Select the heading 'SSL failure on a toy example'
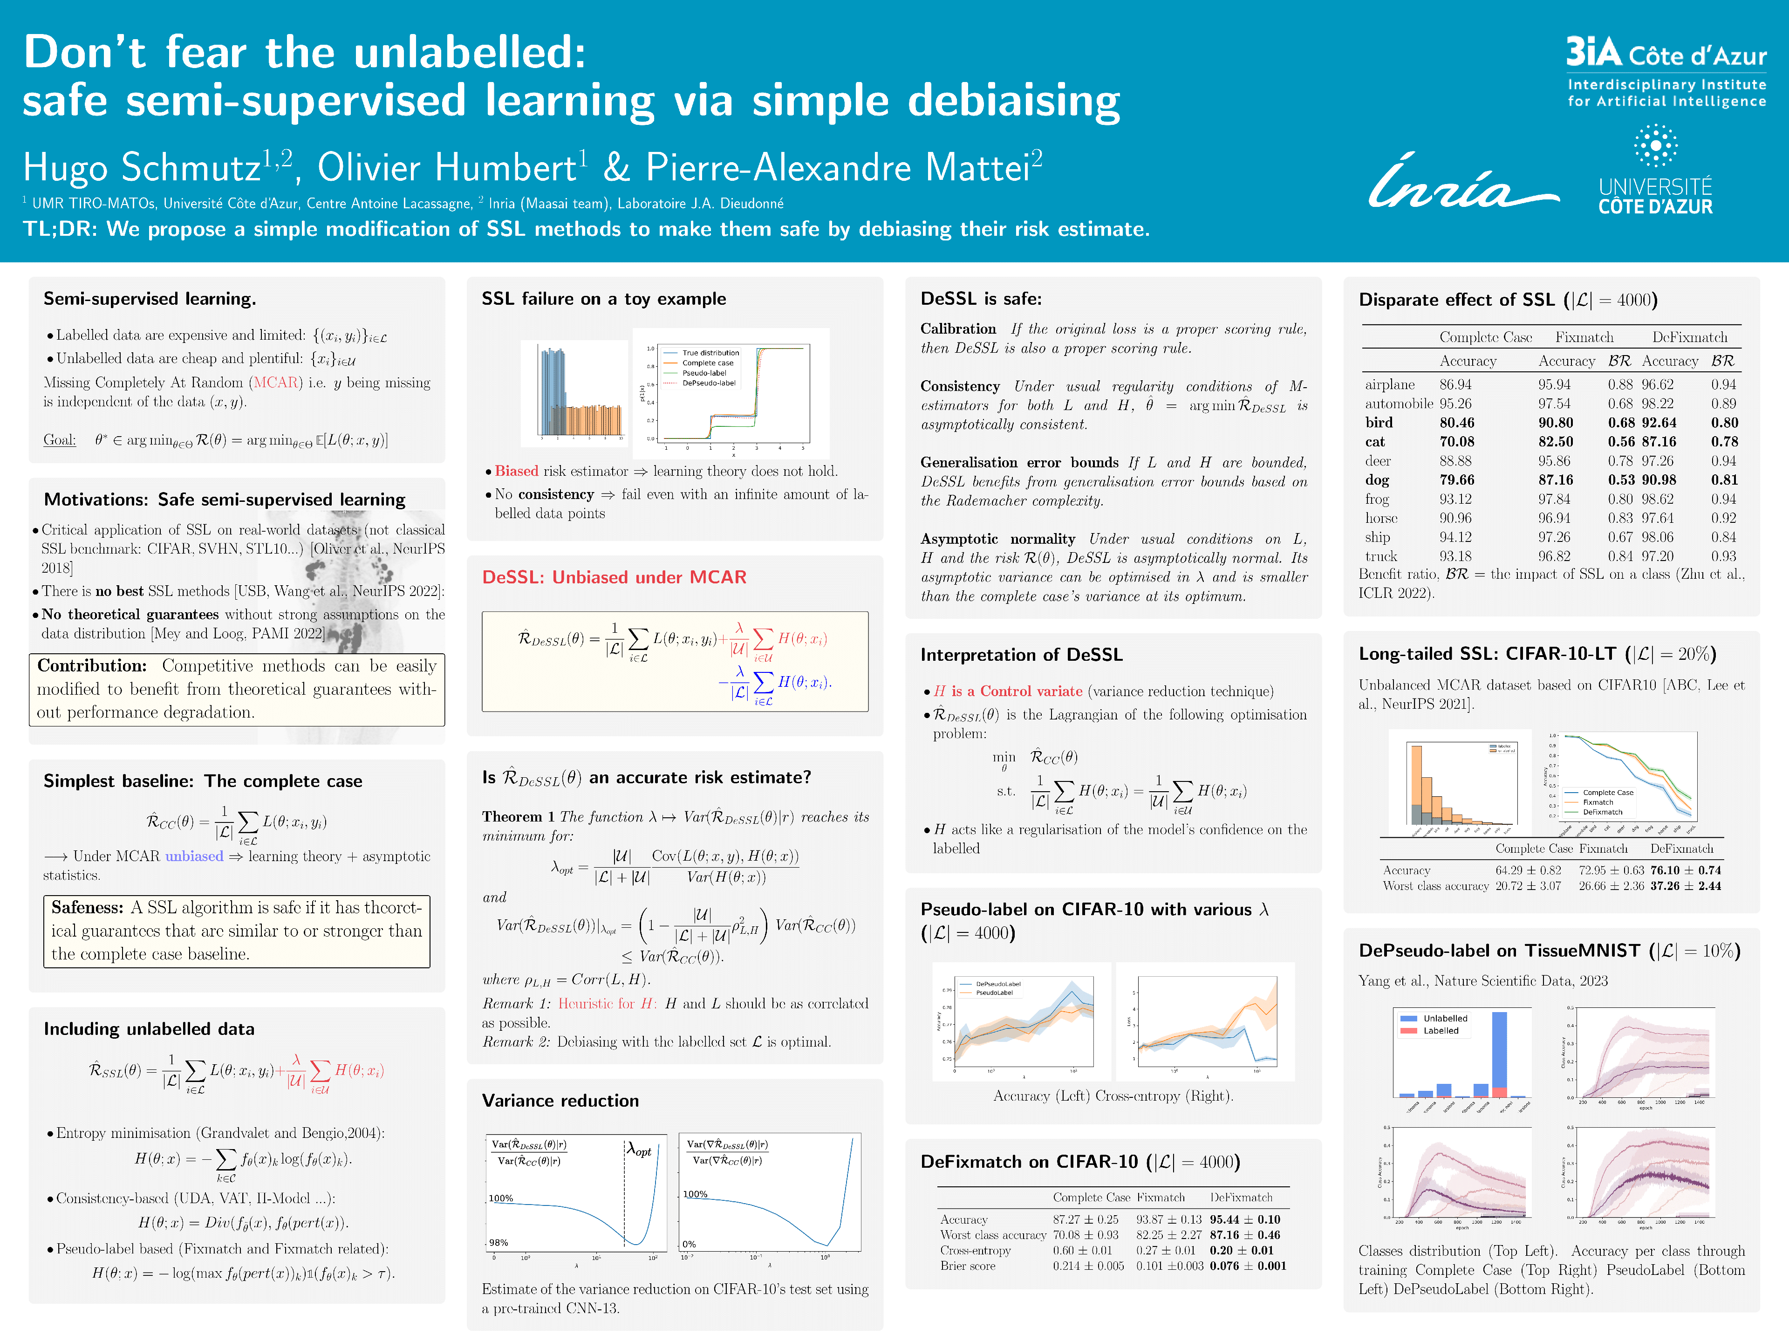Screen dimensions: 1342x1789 click(603, 299)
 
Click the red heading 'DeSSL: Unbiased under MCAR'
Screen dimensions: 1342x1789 click(614, 577)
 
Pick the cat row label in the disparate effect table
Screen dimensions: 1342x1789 click(1375, 442)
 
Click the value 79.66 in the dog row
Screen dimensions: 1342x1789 click(1457, 479)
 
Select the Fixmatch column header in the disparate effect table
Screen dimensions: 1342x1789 click(1584, 337)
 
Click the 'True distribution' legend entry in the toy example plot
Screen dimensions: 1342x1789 click(710, 353)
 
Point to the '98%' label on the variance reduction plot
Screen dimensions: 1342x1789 click(499, 1242)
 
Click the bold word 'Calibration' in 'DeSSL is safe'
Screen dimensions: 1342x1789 click(957, 329)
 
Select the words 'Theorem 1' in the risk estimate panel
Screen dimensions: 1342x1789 click(518, 817)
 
